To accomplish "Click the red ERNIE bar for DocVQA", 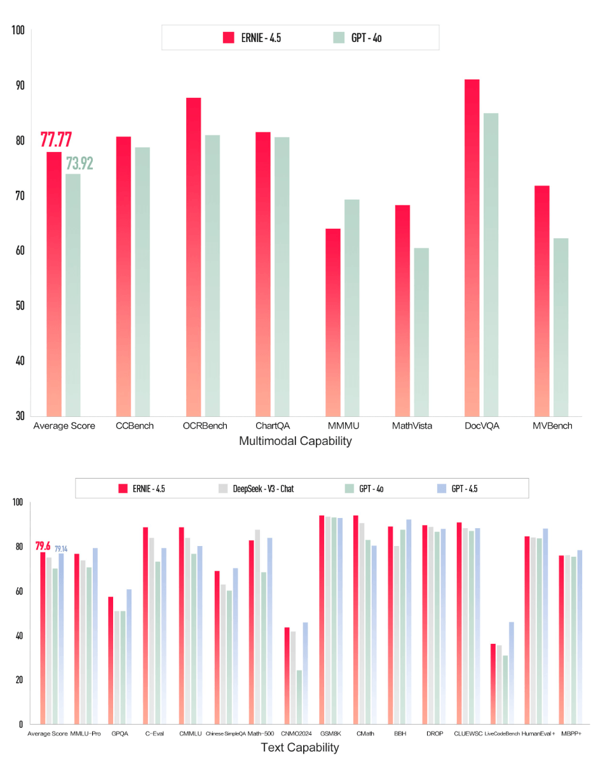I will click(x=472, y=248).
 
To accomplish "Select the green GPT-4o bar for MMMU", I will click(x=351, y=308).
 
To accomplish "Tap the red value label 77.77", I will click(x=56, y=139).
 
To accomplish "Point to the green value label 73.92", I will click(x=79, y=163).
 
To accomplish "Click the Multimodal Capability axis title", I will click(x=295, y=441).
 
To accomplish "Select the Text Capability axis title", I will click(x=300, y=748).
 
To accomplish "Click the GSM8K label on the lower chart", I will click(x=330, y=733).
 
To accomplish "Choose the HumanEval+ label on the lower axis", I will click(x=538, y=733).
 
